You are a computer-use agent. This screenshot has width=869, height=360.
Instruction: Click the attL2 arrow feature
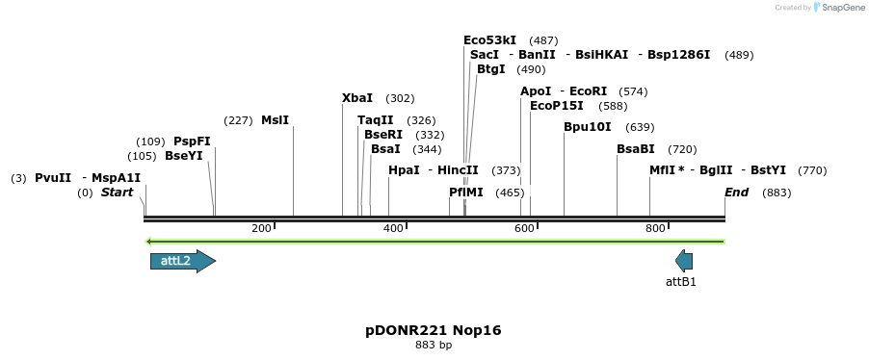click(x=182, y=261)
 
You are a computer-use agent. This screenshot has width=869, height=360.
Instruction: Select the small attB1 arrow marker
click(x=684, y=261)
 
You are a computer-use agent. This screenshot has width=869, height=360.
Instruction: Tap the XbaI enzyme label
click(x=357, y=98)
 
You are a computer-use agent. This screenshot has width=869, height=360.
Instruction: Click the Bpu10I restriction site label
click(x=588, y=127)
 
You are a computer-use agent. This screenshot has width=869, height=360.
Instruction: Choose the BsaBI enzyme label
click(x=636, y=149)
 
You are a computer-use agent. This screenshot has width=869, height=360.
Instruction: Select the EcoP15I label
click(x=557, y=106)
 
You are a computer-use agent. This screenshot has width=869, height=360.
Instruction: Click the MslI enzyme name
click(x=275, y=120)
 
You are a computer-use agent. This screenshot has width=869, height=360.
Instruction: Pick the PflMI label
click(x=466, y=193)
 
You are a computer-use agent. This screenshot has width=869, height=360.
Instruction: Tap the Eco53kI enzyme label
click(x=490, y=40)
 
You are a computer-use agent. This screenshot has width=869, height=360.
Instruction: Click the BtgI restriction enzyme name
click(x=491, y=69)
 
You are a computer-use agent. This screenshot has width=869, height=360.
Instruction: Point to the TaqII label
click(x=376, y=120)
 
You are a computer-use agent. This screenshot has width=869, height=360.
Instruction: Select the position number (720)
click(x=682, y=149)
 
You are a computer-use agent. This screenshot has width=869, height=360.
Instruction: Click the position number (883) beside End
click(x=777, y=193)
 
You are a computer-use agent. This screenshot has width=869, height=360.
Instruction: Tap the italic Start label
click(x=117, y=193)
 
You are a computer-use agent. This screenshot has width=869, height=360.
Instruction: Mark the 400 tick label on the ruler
click(x=393, y=228)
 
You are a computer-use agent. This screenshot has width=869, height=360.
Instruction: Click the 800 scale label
click(x=655, y=228)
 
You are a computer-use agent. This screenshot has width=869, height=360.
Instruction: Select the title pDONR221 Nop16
click(x=434, y=330)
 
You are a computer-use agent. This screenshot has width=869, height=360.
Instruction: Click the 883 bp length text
click(x=434, y=345)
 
